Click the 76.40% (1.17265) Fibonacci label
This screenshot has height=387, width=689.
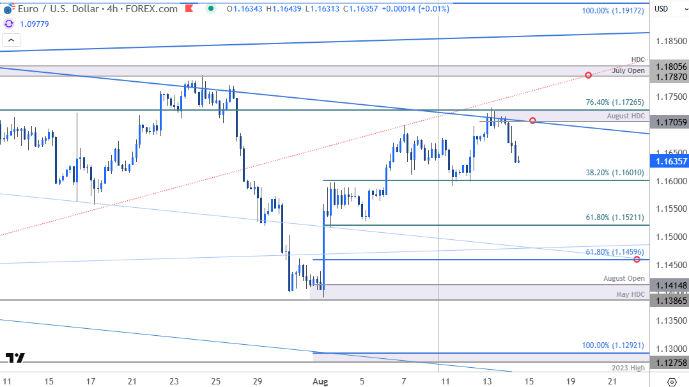[x=614, y=102]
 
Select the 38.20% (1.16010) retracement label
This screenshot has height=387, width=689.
[x=614, y=173]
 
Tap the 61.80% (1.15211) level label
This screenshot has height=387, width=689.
[x=614, y=217]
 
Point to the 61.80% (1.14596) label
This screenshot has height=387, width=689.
[x=614, y=252]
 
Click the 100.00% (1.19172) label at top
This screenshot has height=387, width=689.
[x=613, y=12]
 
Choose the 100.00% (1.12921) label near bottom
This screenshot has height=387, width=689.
[x=613, y=345]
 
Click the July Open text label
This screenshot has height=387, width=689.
[x=628, y=70]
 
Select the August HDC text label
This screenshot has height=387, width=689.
[x=626, y=116]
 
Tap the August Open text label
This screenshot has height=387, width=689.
[x=624, y=278]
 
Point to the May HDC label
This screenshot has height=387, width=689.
[x=630, y=294]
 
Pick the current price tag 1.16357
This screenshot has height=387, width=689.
[x=669, y=161]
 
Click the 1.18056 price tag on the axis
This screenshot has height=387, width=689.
[x=669, y=67]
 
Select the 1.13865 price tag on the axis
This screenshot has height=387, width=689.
[x=669, y=300]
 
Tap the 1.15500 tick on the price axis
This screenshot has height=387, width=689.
[x=669, y=209]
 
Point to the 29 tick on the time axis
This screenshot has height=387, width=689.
[x=258, y=381]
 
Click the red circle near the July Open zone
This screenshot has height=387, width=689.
[x=588, y=75]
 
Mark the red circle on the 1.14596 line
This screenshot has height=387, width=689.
[x=637, y=259]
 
